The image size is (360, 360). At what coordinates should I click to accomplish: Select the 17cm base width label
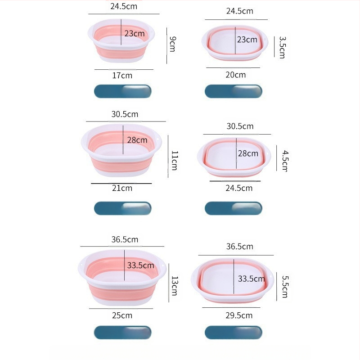click(x=122, y=76)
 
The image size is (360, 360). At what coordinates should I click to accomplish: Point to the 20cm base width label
click(x=235, y=75)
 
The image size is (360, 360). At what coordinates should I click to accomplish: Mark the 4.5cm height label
click(x=284, y=161)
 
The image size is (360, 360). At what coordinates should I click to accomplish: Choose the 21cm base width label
click(x=122, y=188)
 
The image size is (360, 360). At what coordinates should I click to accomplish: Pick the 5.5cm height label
click(x=284, y=286)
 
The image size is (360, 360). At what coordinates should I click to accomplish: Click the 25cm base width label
click(x=122, y=315)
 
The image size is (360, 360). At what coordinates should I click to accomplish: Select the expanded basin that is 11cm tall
click(x=121, y=150)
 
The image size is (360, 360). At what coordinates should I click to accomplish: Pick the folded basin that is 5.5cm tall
click(x=233, y=280)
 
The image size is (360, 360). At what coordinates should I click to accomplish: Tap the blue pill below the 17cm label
click(x=122, y=91)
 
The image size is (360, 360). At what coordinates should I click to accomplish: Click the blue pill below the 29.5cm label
click(x=233, y=333)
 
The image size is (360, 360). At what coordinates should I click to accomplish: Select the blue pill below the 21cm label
click(x=122, y=208)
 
